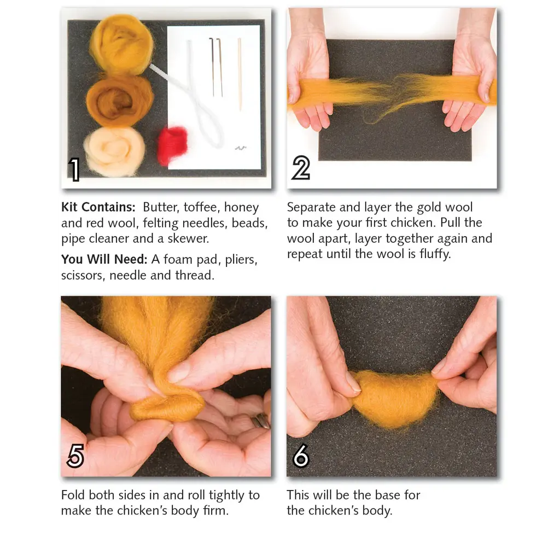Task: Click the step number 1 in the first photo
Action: point(75,170)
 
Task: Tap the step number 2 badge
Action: point(300,168)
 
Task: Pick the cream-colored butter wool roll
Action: point(114,151)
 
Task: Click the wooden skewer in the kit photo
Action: point(239,73)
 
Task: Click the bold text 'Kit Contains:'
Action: point(98,208)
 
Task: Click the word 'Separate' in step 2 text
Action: point(313,208)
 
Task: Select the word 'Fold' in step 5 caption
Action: point(73,495)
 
